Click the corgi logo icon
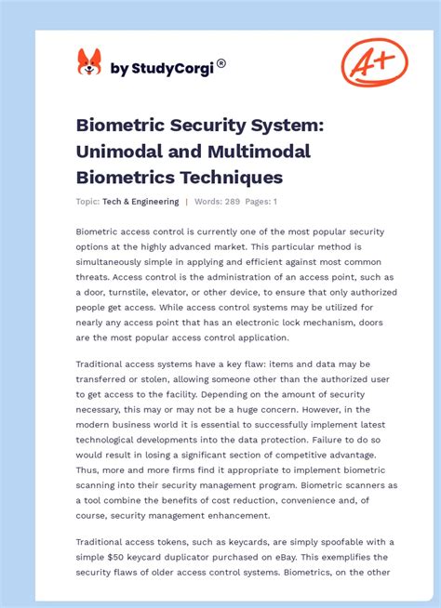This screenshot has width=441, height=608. coord(89,63)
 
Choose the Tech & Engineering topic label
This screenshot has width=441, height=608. coord(141,201)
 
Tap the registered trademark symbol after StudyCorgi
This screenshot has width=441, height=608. coord(221,63)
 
